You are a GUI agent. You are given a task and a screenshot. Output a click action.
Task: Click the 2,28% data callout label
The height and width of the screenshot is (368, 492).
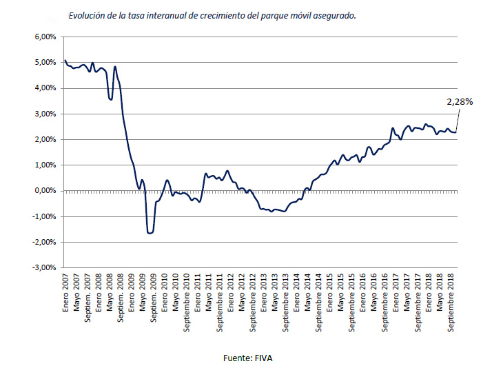[459, 101]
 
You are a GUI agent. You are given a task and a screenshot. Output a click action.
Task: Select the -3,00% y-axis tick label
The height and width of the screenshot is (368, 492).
[43, 267]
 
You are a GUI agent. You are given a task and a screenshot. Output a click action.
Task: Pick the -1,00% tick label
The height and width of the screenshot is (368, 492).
[43, 216]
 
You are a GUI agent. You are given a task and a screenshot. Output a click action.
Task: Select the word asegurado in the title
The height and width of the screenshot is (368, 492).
[335, 15]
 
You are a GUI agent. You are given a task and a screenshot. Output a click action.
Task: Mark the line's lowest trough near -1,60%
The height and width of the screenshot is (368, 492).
[150, 233]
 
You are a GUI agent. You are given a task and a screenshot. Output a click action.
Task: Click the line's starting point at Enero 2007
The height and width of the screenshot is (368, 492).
[65, 61]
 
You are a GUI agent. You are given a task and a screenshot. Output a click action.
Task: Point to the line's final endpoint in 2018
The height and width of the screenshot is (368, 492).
[456, 132]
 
